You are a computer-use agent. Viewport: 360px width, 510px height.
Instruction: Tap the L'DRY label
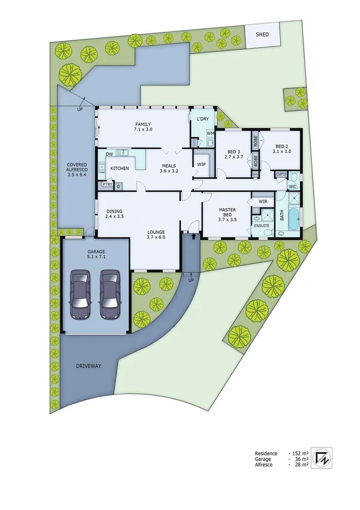coord(203,120)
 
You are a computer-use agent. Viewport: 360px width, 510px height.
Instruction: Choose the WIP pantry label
coord(201,164)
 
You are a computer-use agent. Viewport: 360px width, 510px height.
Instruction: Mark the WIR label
coord(263,201)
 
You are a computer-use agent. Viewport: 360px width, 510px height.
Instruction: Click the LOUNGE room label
coord(156,235)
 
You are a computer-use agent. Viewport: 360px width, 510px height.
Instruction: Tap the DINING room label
coord(115,214)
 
